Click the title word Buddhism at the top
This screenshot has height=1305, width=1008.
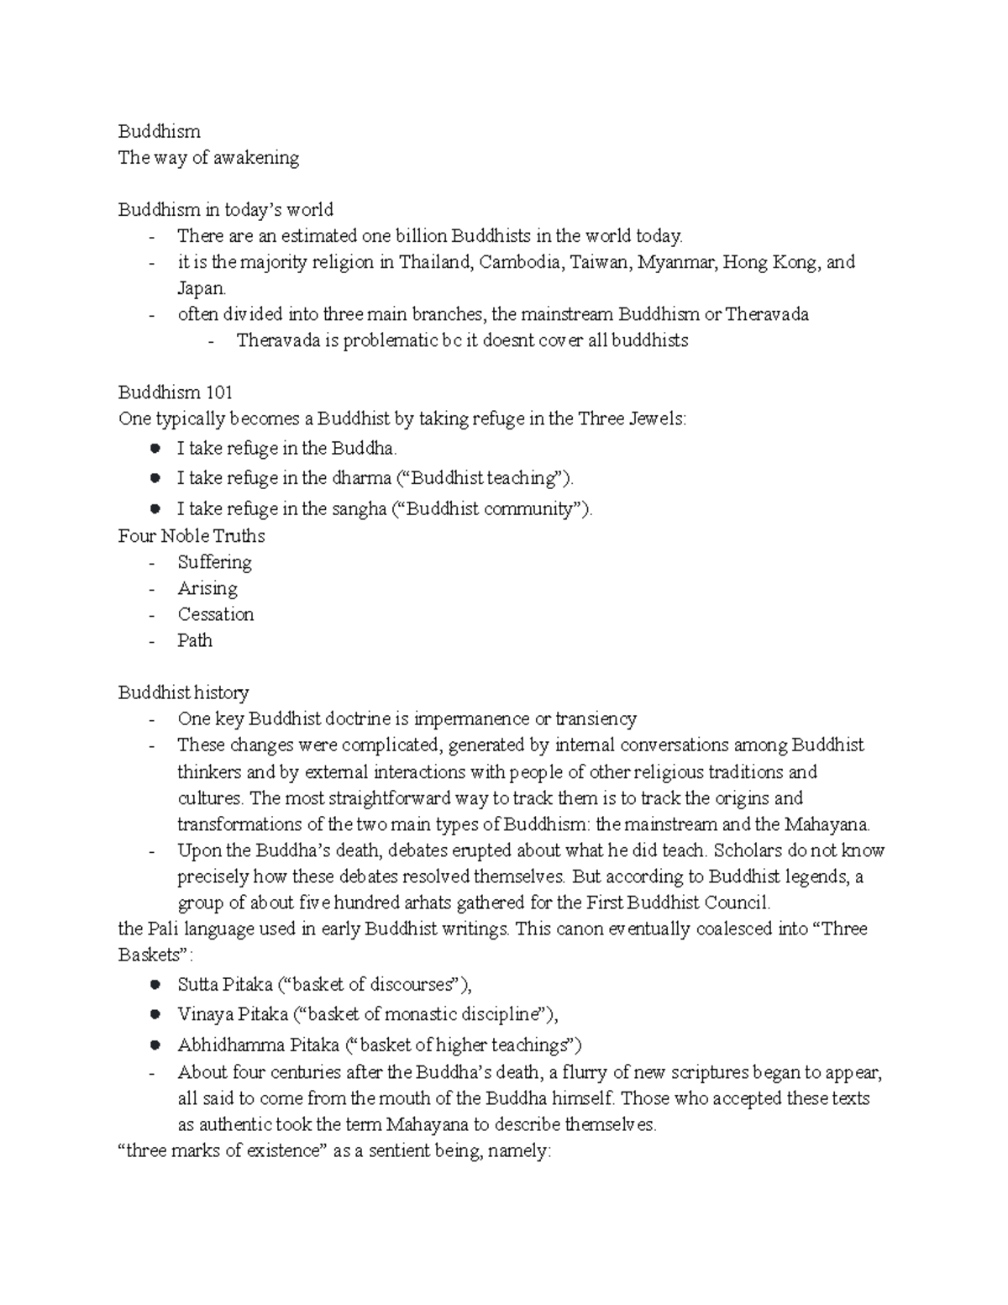pyautogui.click(x=159, y=132)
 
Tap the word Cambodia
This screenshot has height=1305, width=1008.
pyautogui.click(x=520, y=262)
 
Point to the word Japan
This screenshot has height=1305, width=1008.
pyautogui.click(x=201, y=288)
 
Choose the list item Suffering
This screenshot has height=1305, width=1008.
pyautogui.click(x=214, y=562)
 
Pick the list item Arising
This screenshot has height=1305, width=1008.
pyautogui.click(x=207, y=588)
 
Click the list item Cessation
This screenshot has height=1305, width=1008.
pyautogui.click(x=215, y=614)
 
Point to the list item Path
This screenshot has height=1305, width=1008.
pyautogui.click(x=195, y=640)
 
